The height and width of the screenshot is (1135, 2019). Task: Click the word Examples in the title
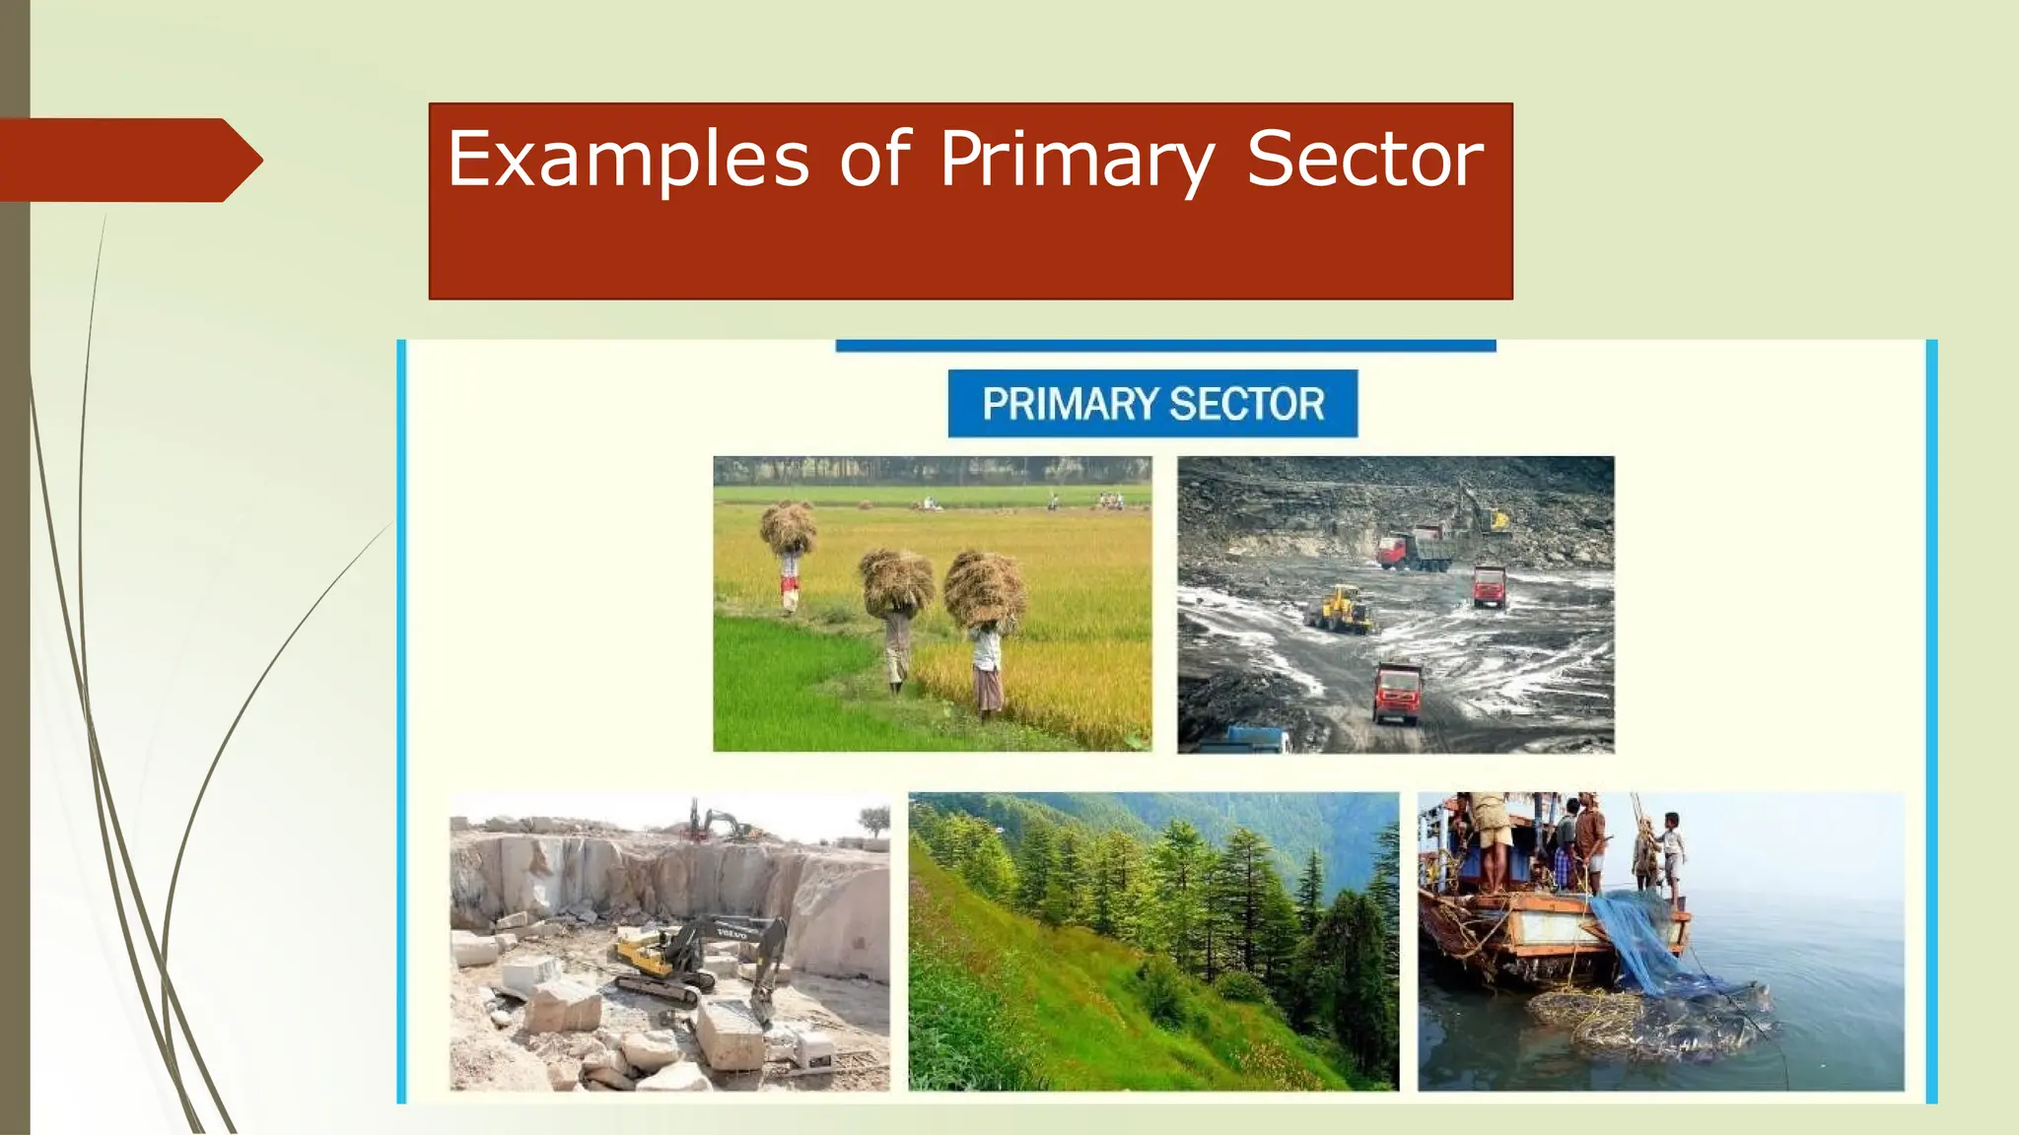tap(628, 160)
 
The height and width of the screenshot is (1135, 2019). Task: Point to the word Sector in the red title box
tap(1364, 160)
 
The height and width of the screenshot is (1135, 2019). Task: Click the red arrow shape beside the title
tap(128, 160)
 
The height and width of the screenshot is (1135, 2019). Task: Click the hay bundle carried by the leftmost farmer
tap(789, 527)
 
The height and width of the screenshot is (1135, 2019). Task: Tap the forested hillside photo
tap(1152, 941)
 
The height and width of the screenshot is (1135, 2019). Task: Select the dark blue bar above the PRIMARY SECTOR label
tap(1165, 346)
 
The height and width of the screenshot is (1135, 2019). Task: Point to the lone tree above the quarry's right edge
tap(873, 818)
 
